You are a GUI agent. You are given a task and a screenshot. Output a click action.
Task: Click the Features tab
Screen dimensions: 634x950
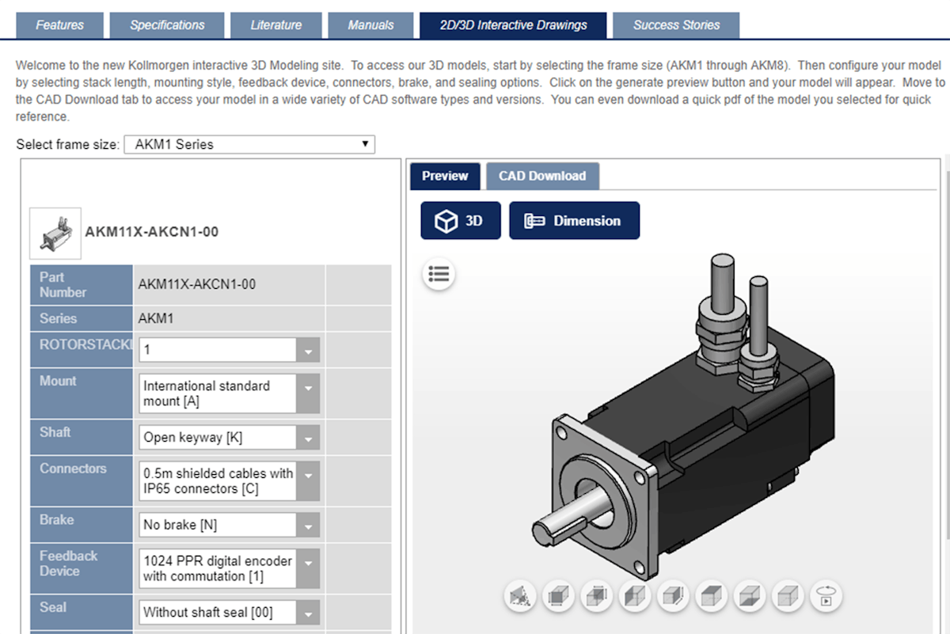pos(59,25)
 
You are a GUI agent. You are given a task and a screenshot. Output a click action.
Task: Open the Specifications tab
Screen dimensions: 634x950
pos(168,25)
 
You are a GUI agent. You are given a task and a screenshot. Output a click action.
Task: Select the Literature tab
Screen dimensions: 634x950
pos(275,25)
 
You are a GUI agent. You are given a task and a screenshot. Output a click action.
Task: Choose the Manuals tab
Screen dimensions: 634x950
pos(370,25)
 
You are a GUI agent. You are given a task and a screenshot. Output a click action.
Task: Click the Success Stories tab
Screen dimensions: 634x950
pos(676,25)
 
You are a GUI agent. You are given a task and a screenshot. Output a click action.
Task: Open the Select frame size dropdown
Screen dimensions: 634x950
pos(249,145)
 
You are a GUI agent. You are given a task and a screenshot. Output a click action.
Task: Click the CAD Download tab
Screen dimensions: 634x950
pos(542,176)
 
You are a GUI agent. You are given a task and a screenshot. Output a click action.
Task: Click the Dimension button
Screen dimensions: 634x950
pos(574,221)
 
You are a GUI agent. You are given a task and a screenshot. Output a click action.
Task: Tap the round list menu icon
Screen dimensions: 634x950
pos(439,274)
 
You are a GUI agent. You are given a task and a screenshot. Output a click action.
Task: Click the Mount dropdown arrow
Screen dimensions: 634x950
pos(308,393)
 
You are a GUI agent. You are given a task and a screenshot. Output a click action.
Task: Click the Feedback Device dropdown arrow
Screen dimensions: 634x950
pos(308,568)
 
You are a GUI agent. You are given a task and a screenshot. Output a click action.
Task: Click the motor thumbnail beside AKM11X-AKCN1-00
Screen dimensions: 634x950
pos(55,233)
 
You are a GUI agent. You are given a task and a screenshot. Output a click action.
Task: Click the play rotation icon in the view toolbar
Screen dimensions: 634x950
pos(826,595)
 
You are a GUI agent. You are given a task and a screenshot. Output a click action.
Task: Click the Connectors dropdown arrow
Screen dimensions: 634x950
pos(308,480)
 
